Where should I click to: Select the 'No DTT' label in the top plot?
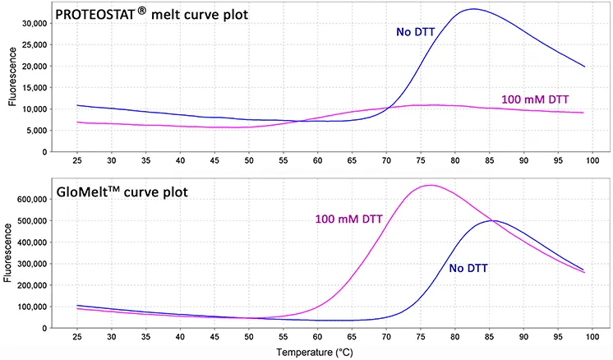point(416,32)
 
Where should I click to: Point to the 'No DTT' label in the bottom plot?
point(472,268)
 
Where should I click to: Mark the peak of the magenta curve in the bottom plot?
point(431,186)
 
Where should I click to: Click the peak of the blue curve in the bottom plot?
point(492,220)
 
